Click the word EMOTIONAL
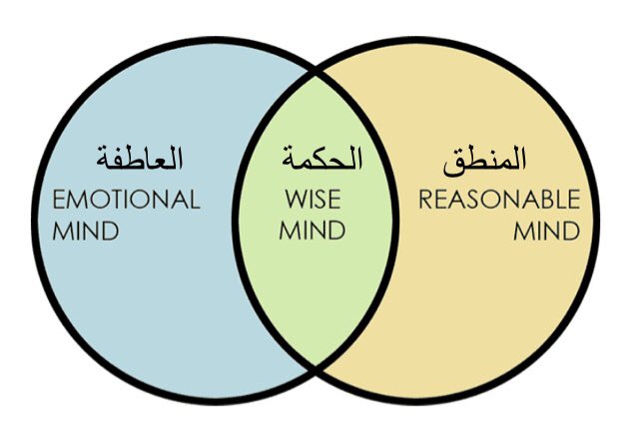click(126, 199)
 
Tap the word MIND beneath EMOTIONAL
click(86, 231)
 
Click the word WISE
click(313, 199)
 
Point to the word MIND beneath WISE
click(313, 231)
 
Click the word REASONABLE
click(498, 199)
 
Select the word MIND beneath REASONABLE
click(546, 231)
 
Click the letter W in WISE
click(290, 199)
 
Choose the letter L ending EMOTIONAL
click(195, 199)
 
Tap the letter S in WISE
click(320, 199)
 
